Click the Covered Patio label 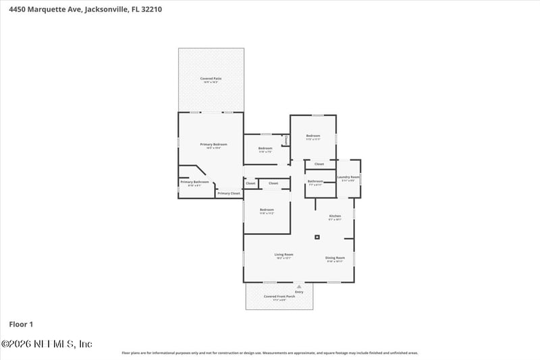(x=211, y=79)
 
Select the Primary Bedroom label (x=213, y=145)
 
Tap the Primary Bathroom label (x=194, y=182)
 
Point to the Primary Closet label (x=228, y=193)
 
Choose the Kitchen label (x=335, y=216)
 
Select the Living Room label (x=283, y=255)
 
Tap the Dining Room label (x=336, y=258)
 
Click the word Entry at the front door (x=299, y=292)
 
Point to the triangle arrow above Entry (x=299, y=286)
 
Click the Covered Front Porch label (x=279, y=297)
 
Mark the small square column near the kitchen (x=317, y=237)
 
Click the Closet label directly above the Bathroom (x=319, y=164)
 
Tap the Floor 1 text (x=21, y=324)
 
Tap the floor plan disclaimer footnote (x=269, y=353)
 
